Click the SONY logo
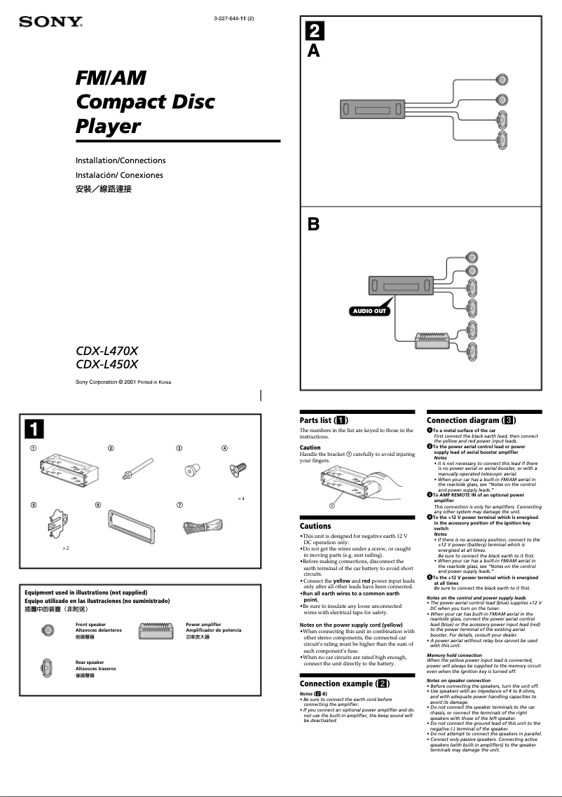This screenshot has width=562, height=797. [50, 22]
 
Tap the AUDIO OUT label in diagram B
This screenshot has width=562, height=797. [369, 311]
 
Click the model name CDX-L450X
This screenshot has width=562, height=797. [107, 364]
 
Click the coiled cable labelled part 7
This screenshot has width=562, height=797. [203, 526]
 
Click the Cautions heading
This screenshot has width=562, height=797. [315, 526]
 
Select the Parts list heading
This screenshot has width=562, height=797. [324, 420]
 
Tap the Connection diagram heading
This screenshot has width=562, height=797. [472, 420]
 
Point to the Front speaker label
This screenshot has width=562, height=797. [91, 624]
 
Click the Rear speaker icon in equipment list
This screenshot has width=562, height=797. [47, 668]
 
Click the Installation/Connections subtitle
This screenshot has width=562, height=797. [121, 160]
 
